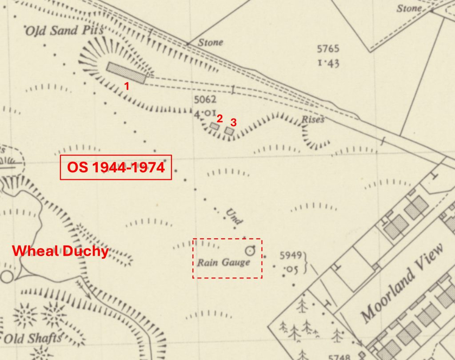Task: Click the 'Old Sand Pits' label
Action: coord(64,31)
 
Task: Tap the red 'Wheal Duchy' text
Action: coord(60,251)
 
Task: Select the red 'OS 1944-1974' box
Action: coord(116,167)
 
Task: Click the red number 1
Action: coord(127,86)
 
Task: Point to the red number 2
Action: coord(219,118)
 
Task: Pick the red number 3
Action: coord(232,121)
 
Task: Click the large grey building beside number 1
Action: coord(126,73)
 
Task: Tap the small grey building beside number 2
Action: coord(215,127)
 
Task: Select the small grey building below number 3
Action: coord(229,131)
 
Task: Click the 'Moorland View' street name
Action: coord(402,283)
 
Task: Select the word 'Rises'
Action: coord(313,119)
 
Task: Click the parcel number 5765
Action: coord(328,49)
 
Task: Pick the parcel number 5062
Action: coord(205,99)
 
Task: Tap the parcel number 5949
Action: coord(291,255)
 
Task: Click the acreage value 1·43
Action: coord(328,63)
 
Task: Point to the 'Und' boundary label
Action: coord(234,216)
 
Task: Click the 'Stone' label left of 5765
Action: coord(210,43)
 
